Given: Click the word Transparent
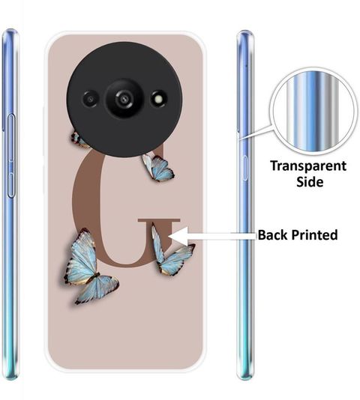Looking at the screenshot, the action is tap(308, 166).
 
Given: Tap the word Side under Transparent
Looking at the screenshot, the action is tap(310, 182).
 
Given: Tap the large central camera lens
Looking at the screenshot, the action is tap(124, 98).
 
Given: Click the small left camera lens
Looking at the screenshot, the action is tap(91, 99).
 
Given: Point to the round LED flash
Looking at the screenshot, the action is tap(158, 99).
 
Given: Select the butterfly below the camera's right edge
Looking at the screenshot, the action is tap(158, 168).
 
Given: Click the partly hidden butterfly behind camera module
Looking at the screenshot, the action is tap(78, 139).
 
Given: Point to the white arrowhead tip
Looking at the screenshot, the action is tap(169, 237).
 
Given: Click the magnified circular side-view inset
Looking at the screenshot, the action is tap(313, 112).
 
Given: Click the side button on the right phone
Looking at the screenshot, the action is tap(245, 168).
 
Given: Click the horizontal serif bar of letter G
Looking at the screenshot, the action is tap(159, 220).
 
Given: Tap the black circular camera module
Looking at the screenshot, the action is tap(124, 100).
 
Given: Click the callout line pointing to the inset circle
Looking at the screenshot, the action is tap(256, 132).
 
